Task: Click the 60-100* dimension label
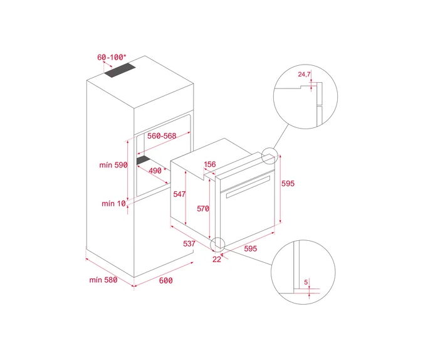[112, 57]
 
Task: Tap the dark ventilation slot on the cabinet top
[120, 70]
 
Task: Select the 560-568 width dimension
[162, 136]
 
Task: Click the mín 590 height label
[113, 165]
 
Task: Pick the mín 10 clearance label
[113, 203]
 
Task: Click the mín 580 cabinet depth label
[103, 280]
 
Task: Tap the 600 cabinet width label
[165, 280]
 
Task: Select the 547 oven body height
[179, 194]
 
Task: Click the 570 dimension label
[203, 208]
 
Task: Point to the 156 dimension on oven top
[210, 164]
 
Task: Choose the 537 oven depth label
[189, 243]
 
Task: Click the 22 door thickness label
[217, 259]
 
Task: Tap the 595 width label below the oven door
[251, 248]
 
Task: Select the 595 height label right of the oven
[288, 183]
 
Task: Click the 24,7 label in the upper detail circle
[304, 74]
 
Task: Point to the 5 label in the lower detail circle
[306, 282]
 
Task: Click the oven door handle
[248, 187]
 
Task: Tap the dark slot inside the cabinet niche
[145, 160]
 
